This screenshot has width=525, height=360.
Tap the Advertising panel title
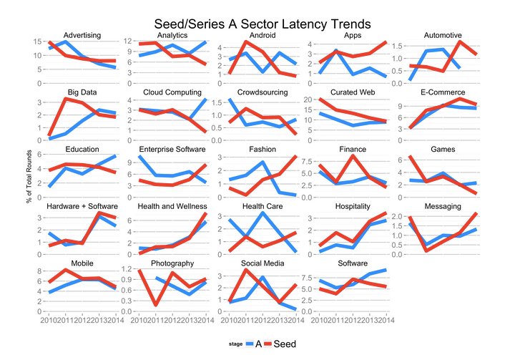tap(82, 35)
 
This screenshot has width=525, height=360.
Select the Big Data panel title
tap(82, 92)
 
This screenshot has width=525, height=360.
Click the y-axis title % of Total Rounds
tap(29, 180)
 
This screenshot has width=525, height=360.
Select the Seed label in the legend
tap(285, 344)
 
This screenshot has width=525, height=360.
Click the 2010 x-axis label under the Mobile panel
tap(49, 319)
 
